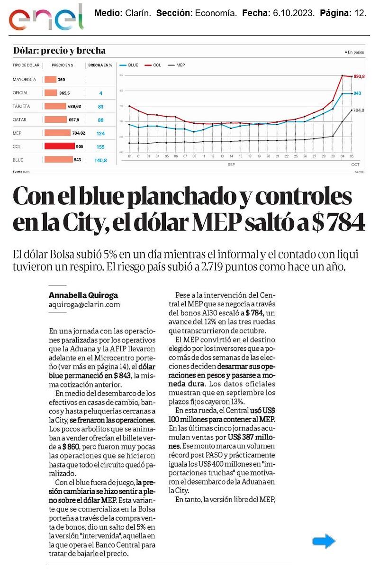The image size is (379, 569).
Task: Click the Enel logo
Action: [x=46, y=18]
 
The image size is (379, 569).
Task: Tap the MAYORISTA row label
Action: [x=24, y=80]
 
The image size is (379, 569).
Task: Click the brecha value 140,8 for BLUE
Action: [x=100, y=161]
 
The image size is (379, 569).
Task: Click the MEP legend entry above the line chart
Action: [x=176, y=65]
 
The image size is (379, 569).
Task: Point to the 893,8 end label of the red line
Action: [x=359, y=76]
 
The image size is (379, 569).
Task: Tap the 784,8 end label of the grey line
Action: [x=359, y=110]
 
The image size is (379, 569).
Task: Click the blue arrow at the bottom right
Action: [x=324, y=541]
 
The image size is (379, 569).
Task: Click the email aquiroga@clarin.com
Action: [x=84, y=305]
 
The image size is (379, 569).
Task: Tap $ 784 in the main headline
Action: [x=338, y=221]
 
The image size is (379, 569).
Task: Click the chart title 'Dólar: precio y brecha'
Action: [x=59, y=51]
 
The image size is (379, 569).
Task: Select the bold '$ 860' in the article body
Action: [x=71, y=446]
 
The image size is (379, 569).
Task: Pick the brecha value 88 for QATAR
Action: [x=100, y=120]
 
